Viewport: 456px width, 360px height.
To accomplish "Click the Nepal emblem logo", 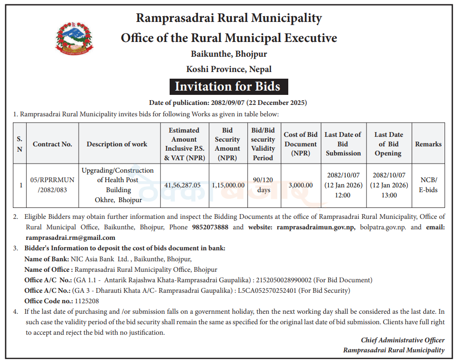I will pyautogui.click(x=74, y=38).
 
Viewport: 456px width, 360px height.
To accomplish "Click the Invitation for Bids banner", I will pyautogui.click(x=229, y=86).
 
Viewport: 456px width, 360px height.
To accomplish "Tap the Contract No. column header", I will pyautogui.click(x=52, y=144).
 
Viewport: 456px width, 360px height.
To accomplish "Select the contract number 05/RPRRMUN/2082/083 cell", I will pyautogui.click(x=52, y=185).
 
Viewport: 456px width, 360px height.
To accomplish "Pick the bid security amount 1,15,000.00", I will pyautogui.click(x=227, y=185).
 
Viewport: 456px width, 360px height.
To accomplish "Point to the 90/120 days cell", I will pyautogui.click(x=263, y=185).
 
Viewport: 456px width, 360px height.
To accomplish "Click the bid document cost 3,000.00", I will pyautogui.click(x=301, y=185).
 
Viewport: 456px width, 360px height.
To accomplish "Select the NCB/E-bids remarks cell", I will pyautogui.click(x=428, y=185).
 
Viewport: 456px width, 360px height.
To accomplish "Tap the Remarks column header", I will pyautogui.click(x=428, y=144).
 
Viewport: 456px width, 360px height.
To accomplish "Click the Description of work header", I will pyautogui.click(x=117, y=144).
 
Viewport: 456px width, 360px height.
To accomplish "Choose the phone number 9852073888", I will pyautogui.click(x=210, y=227).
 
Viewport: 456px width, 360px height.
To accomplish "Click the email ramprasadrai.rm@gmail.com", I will pyautogui.click(x=71, y=237).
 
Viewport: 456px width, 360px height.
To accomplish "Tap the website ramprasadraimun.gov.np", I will pyautogui.click(x=315, y=227).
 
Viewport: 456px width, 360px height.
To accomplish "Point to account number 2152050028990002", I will pyautogui.click(x=284, y=280).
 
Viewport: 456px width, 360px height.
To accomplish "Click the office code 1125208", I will pyautogui.click(x=87, y=301).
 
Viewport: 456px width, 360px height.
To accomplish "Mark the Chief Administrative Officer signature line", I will pyautogui.click(x=403, y=340).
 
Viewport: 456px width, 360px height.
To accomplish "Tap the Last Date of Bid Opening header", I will pyautogui.click(x=388, y=144).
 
